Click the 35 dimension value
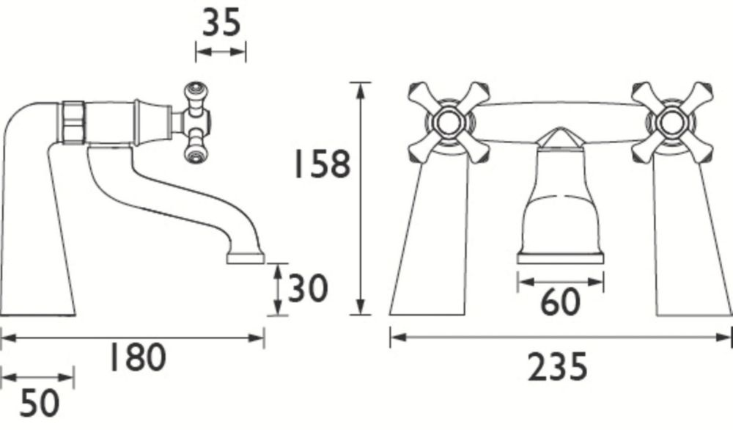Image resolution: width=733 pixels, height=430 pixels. pos(221,23)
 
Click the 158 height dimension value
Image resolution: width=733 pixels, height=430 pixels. pos(321,164)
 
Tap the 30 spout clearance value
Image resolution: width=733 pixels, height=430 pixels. pos(307,288)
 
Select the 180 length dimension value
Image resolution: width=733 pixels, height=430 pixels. pos(137,357)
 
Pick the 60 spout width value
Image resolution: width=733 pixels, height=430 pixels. pos(560,302)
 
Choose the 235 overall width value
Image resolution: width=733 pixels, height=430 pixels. pos(557,368)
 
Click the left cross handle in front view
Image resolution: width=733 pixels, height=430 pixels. pos(449,123)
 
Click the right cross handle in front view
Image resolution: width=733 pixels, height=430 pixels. pos(672,123)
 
